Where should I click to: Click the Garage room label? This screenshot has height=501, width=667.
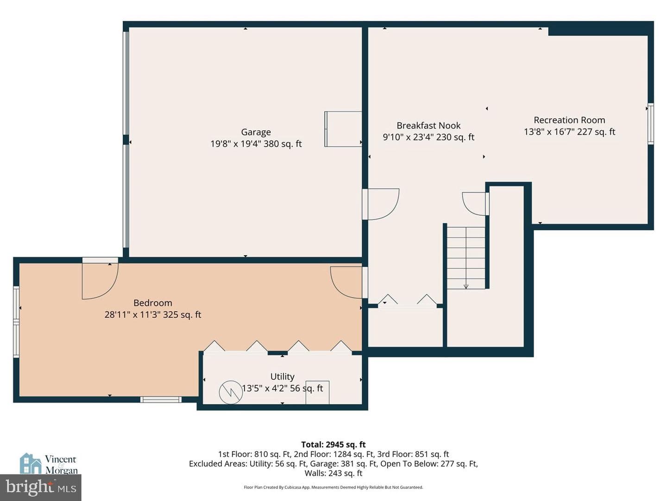[x=256, y=132]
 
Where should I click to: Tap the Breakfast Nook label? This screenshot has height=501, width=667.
[x=428, y=126]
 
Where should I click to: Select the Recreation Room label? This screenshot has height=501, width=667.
[x=569, y=120]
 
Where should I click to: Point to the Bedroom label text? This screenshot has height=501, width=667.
[x=153, y=303]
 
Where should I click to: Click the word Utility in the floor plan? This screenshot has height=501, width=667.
[x=282, y=377]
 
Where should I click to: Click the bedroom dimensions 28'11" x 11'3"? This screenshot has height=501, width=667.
[x=132, y=315]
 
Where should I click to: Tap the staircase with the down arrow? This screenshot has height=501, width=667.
[x=466, y=258]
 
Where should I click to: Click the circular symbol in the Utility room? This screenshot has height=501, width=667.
[x=231, y=392]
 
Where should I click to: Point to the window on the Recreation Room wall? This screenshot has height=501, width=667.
[x=651, y=123]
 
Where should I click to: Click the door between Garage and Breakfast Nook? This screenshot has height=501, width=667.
[x=380, y=204]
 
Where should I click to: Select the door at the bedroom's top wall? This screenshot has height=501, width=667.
[x=100, y=278]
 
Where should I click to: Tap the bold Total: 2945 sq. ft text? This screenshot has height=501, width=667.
[x=333, y=445]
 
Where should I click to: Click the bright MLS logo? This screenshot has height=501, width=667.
[x=41, y=488]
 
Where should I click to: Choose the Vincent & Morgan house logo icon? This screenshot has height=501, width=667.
[x=31, y=463]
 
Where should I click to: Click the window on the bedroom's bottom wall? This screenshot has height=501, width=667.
[x=161, y=399]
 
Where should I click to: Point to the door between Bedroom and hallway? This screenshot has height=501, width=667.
[x=349, y=283]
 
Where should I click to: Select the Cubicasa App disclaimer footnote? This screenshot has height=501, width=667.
[x=333, y=487]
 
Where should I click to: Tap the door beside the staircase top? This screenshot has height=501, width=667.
[x=476, y=204]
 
